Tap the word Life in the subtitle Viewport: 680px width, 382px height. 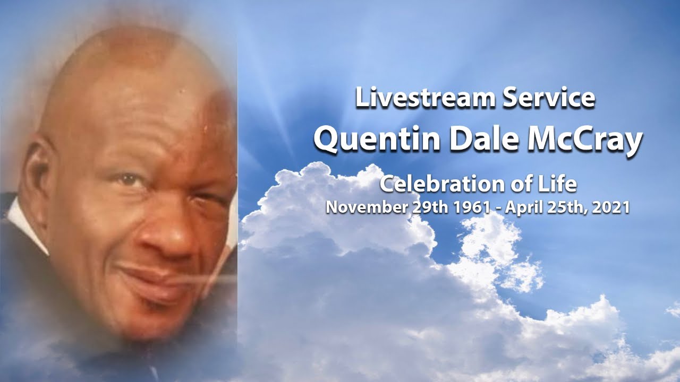click(560, 185)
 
